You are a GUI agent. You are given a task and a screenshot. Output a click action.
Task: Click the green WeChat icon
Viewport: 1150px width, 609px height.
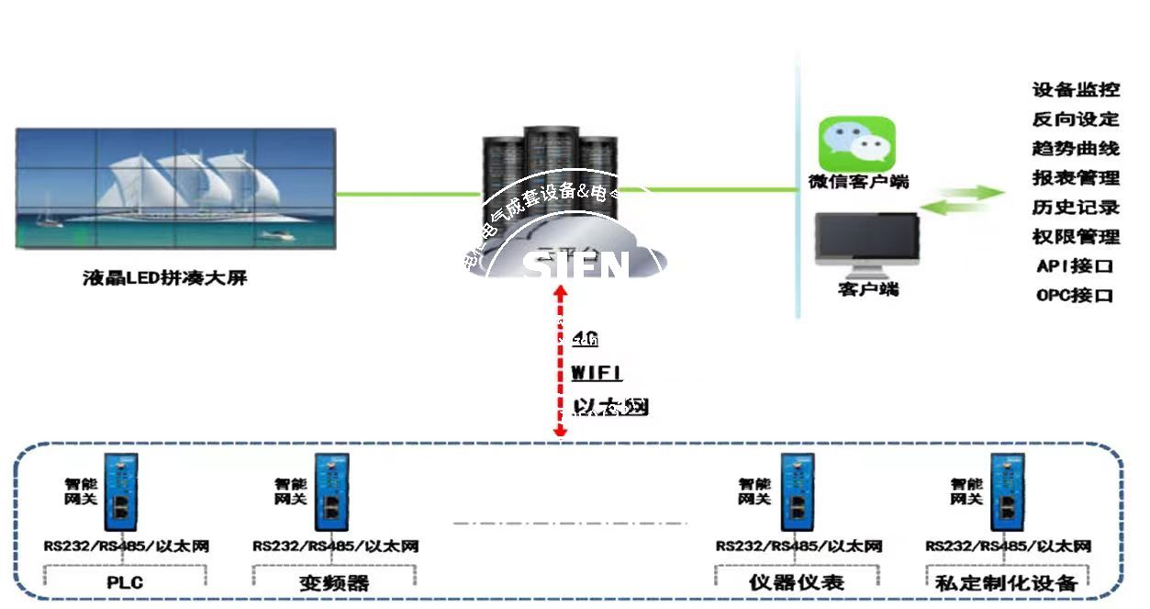(x=857, y=142)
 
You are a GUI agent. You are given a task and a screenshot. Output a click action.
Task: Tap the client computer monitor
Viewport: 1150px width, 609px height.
(x=867, y=241)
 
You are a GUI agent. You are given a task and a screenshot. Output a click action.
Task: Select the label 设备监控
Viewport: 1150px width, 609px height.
(x=1076, y=90)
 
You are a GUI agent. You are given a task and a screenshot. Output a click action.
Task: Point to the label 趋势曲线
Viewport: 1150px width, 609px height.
(x=1076, y=149)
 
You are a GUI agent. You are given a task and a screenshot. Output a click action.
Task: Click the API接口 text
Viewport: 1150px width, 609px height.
(x=1075, y=266)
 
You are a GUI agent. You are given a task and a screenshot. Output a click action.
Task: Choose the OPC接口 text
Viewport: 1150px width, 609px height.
(x=1075, y=296)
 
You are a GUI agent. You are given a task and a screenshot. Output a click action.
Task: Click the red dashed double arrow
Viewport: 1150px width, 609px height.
(x=560, y=363)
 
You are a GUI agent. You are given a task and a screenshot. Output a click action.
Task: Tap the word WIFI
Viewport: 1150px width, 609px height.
(x=597, y=373)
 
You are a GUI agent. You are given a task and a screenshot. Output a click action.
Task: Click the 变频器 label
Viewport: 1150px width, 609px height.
(x=333, y=582)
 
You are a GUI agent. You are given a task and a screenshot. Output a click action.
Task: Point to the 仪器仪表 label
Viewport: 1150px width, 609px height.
(x=797, y=582)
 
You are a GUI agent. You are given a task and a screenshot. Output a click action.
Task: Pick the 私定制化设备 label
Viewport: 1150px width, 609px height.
(x=1006, y=582)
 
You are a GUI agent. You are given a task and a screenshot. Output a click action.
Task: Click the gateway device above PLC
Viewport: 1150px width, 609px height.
(x=119, y=491)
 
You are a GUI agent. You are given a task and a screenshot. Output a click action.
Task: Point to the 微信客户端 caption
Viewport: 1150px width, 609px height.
(x=858, y=182)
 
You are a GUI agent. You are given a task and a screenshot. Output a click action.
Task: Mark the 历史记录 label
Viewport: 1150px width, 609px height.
(x=1076, y=208)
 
